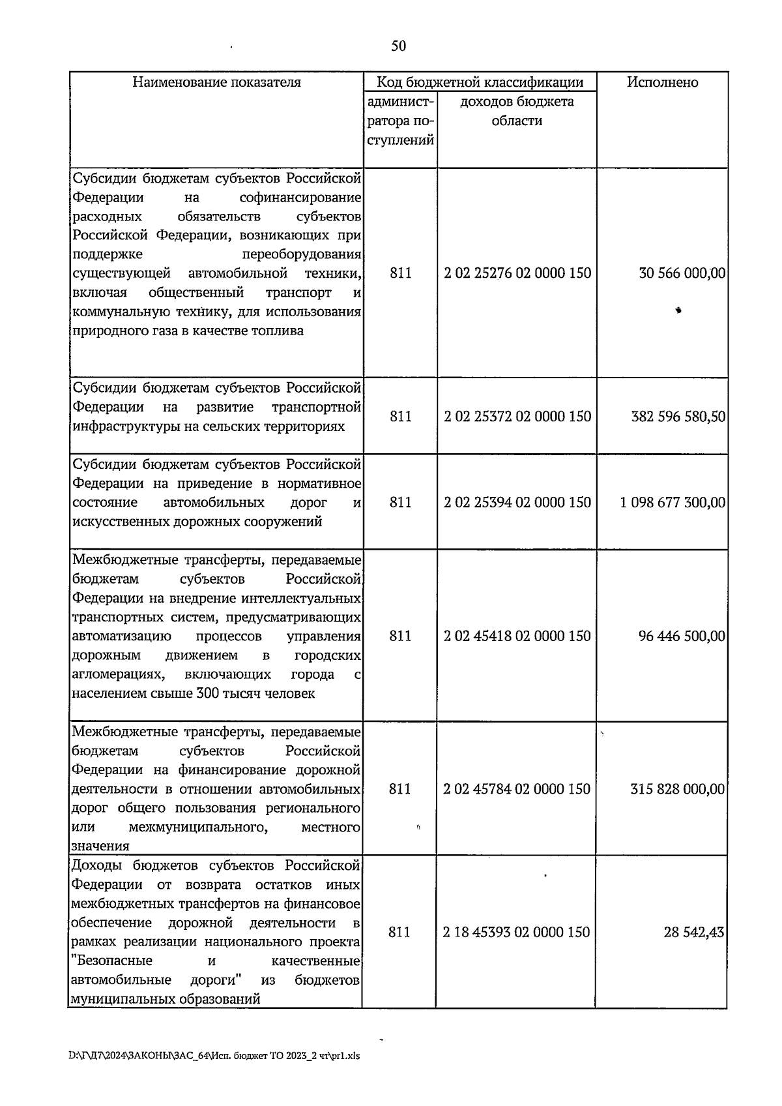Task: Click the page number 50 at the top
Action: [398, 46]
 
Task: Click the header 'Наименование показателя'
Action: [216, 82]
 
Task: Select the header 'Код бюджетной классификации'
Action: [480, 82]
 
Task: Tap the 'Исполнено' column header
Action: [662, 82]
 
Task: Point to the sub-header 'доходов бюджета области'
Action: [517, 112]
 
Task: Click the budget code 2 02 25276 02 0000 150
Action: [517, 273]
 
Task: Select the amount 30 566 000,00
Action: [682, 273]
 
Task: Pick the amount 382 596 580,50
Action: [678, 416]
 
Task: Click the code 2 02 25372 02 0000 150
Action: [517, 416]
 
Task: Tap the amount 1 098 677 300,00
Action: [673, 502]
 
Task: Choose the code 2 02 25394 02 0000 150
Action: [517, 502]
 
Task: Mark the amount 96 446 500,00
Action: [682, 636]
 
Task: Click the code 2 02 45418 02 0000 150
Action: [517, 636]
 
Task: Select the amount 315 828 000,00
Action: [677, 789]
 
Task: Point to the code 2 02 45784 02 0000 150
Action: [517, 789]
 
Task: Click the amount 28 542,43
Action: [693, 933]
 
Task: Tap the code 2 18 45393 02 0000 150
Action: [516, 933]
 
